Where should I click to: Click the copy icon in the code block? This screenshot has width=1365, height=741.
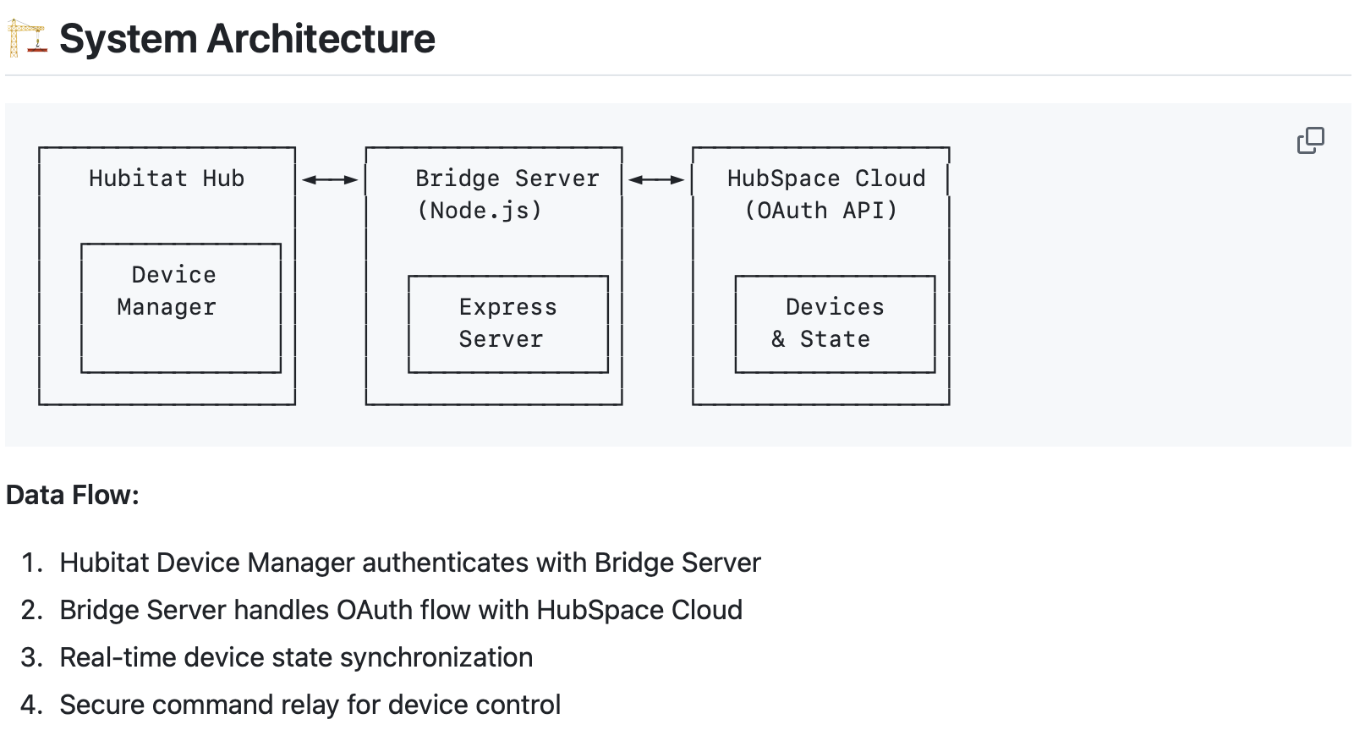(x=1310, y=140)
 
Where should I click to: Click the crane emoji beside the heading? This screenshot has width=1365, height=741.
(x=26, y=39)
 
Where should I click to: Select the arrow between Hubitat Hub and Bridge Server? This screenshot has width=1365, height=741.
(x=330, y=179)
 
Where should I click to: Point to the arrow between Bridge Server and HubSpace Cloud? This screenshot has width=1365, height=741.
(x=656, y=179)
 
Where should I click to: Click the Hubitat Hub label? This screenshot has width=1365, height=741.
(x=167, y=178)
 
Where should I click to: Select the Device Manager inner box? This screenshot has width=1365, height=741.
(x=180, y=308)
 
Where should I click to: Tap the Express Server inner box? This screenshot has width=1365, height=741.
(x=507, y=324)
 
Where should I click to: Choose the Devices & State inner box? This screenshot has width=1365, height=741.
(x=835, y=324)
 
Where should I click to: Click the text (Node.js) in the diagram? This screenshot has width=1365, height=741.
(x=480, y=211)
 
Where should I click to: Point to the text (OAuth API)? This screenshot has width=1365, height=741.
(x=820, y=211)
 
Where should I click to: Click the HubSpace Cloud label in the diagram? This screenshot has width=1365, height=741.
(x=826, y=178)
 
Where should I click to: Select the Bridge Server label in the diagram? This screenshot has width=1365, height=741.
(x=507, y=178)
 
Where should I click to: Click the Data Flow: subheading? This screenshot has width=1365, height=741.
(x=73, y=495)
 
